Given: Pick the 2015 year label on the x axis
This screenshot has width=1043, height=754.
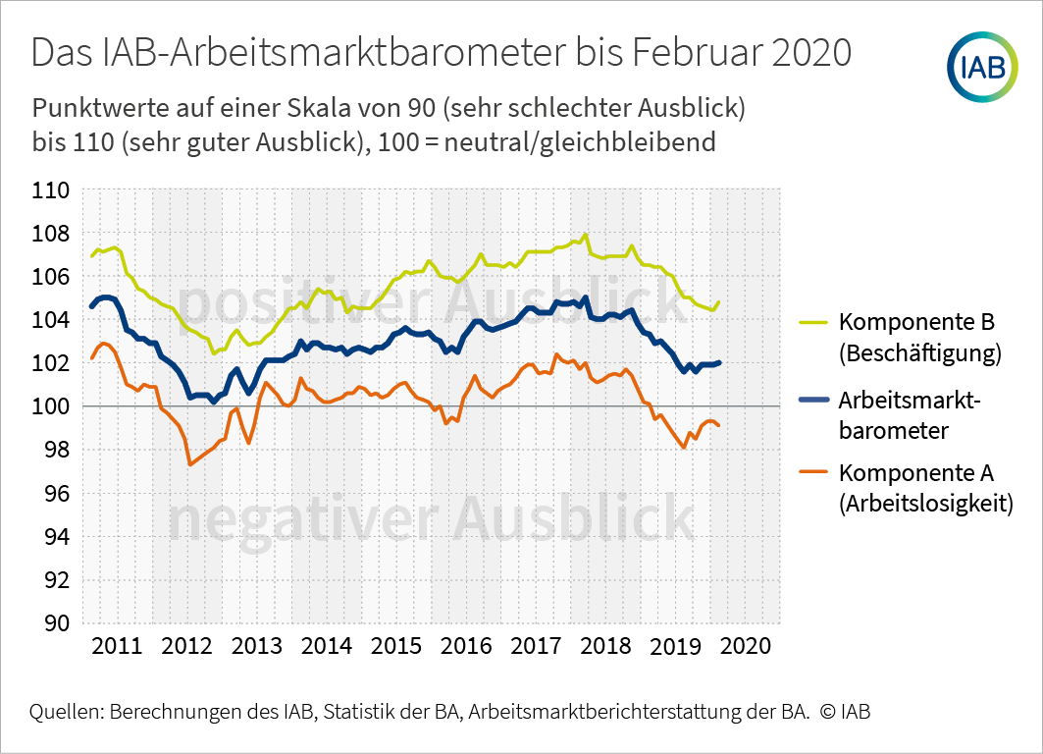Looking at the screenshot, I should click(395, 646).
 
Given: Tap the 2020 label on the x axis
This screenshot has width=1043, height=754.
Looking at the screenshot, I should click(745, 646).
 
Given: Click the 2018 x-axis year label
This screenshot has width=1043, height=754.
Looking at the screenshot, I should click(605, 646).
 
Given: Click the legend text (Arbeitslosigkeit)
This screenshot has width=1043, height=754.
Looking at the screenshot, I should click(925, 504).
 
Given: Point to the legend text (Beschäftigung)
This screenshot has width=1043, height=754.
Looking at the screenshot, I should click(919, 353).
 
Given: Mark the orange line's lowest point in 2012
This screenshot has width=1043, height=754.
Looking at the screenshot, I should click(189, 464).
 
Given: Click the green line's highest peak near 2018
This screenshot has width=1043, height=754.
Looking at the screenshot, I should click(586, 235).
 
